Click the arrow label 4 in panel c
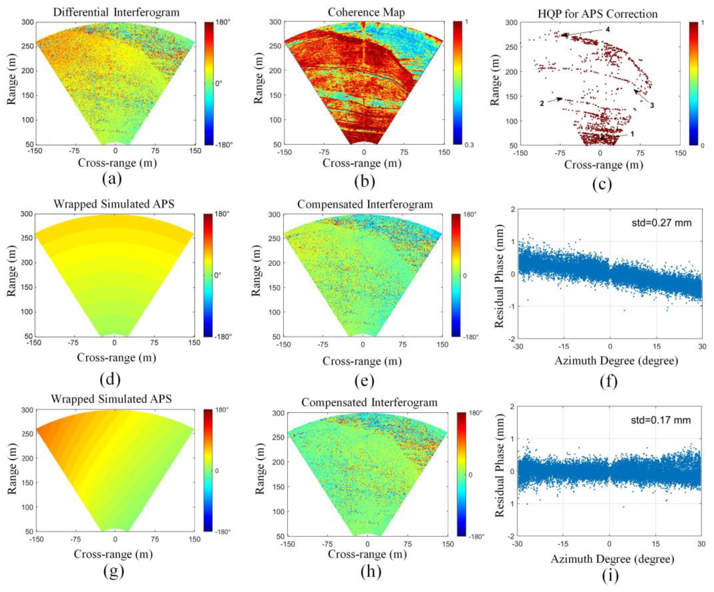point(608,30)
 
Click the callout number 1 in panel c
point(632,134)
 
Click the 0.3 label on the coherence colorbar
point(469,145)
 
